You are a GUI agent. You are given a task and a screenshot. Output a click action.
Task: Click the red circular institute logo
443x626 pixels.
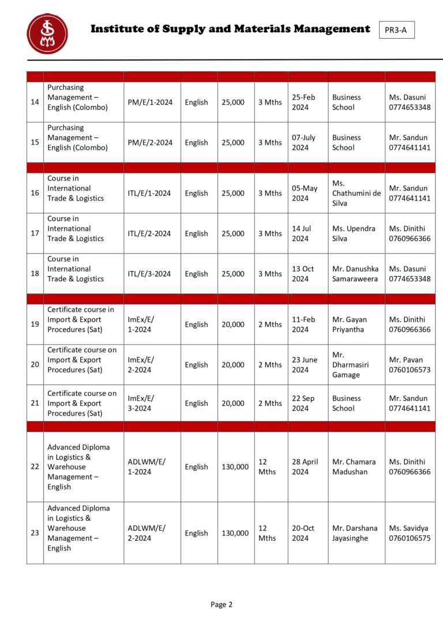click(x=47, y=33)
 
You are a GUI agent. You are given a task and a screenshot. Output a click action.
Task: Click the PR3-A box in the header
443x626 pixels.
click(x=396, y=30)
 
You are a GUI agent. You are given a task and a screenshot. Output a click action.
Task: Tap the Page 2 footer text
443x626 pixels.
click(x=221, y=604)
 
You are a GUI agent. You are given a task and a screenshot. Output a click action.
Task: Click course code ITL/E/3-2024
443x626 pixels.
click(x=149, y=274)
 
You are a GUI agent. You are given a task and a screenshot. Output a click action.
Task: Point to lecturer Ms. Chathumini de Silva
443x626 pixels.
click(x=356, y=193)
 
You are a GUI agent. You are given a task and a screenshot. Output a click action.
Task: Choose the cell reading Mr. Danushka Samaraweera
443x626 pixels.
click(x=355, y=274)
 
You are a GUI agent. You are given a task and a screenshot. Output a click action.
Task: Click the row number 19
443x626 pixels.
click(x=35, y=324)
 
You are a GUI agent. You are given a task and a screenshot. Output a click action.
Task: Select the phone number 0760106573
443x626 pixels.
click(x=410, y=370)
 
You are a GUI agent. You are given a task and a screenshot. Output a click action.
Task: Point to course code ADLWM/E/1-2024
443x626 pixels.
click(x=147, y=466)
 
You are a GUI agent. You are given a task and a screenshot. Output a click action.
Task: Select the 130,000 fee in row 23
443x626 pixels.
click(x=235, y=533)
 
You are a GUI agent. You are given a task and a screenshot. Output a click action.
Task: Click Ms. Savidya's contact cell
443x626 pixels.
click(x=410, y=533)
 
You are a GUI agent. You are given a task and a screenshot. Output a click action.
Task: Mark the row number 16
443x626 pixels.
click(x=35, y=193)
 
